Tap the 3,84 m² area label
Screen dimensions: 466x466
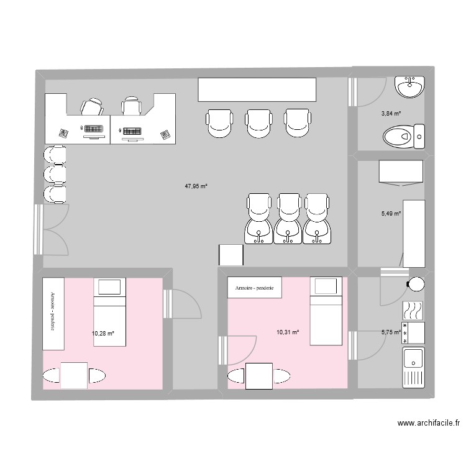click(x=391, y=114)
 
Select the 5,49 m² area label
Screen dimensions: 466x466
click(x=391, y=214)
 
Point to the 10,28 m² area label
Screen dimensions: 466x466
click(x=103, y=334)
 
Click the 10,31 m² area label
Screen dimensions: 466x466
click(x=288, y=332)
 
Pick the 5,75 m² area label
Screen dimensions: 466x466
click(x=391, y=332)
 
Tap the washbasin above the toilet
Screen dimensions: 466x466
click(x=411, y=86)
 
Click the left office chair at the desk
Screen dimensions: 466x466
click(x=93, y=107)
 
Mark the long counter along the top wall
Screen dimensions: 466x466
click(x=257, y=89)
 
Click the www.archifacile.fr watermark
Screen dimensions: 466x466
click(x=429, y=423)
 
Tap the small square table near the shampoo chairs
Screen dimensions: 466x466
click(x=231, y=255)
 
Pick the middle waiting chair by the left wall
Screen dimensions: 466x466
click(x=54, y=174)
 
